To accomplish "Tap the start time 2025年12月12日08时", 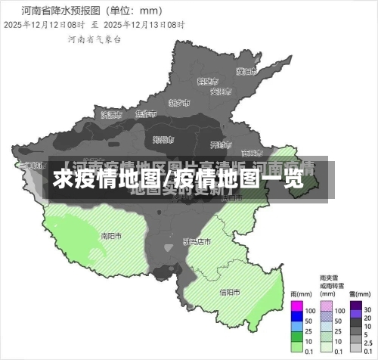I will [45, 25].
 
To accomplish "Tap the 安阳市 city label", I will [219, 92].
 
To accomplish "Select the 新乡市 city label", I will [179, 101].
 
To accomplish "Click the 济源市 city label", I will [111, 115].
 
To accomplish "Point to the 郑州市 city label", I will [163, 139].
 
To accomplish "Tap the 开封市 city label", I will [218, 144].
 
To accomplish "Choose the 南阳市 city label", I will [112, 236].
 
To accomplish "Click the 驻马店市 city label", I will [197, 242].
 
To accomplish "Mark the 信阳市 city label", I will [230, 292].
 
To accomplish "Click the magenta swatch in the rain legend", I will [296, 309].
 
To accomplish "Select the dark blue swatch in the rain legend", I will [296, 321].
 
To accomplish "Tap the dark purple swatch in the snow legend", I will [355, 309].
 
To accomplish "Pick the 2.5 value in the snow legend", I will [368, 343].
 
